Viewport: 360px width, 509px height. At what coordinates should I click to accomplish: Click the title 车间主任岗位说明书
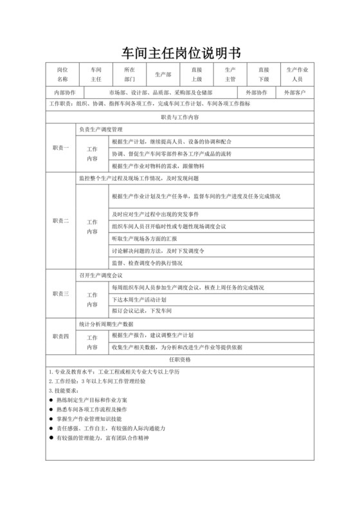pyautogui.click(x=180, y=51)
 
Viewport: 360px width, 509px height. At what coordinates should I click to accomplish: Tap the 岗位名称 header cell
pyautogui.click(x=62, y=75)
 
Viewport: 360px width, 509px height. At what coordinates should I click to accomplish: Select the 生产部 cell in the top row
pyautogui.click(x=163, y=75)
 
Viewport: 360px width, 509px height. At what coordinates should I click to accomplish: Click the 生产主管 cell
pyautogui.click(x=230, y=75)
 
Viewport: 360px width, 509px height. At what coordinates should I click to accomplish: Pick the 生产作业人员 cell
pyautogui.click(x=297, y=75)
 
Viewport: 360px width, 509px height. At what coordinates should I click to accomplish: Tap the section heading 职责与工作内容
pyautogui.click(x=179, y=118)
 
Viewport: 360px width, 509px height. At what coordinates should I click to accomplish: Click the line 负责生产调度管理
pyautogui.click(x=103, y=129)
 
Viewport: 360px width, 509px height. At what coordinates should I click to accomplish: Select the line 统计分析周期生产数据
pyautogui.click(x=106, y=323)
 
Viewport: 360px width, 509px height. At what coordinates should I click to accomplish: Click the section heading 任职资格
pyautogui.click(x=179, y=359)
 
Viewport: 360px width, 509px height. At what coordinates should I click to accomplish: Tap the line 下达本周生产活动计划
pyautogui.click(x=139, y=299)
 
